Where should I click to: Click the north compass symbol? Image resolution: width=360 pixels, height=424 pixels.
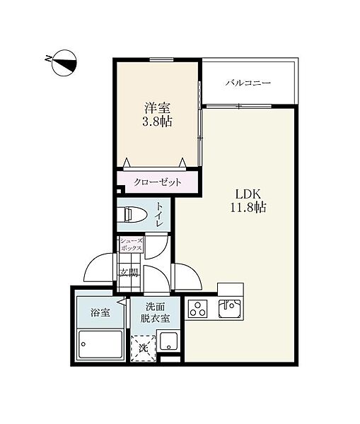(64, 63)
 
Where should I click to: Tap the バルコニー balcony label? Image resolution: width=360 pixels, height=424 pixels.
(248, 83)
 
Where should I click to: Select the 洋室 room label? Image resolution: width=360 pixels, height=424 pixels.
(157, 108)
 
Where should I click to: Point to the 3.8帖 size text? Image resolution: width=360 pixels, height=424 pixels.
(157, 122)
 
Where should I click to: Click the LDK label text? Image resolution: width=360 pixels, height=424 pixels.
(248, 194)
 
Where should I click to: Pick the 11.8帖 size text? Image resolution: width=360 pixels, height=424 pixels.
(248, 207)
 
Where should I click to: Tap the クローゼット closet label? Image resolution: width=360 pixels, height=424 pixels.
(157, 182)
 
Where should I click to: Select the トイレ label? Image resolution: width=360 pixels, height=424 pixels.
(158, 216)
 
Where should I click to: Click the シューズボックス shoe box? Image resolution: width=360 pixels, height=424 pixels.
(132, 245)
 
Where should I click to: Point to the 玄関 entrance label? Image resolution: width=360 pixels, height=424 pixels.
(129, 273)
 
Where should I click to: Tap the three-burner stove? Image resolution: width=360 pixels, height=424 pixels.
(198, 309)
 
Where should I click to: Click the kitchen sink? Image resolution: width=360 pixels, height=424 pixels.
(230, 309)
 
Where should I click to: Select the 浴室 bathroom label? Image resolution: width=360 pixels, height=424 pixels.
(100, 313)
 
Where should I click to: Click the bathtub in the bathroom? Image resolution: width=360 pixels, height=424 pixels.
(100, 345)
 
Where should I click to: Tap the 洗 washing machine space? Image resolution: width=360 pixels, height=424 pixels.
(143, 348)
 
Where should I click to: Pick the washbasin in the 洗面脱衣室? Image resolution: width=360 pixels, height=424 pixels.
(168, 341)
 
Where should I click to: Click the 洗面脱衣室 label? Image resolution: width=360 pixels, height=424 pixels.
(155, 312)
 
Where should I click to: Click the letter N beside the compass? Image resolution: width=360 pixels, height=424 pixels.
(48, 59)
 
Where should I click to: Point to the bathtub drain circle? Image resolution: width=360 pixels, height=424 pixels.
(83, 344)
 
